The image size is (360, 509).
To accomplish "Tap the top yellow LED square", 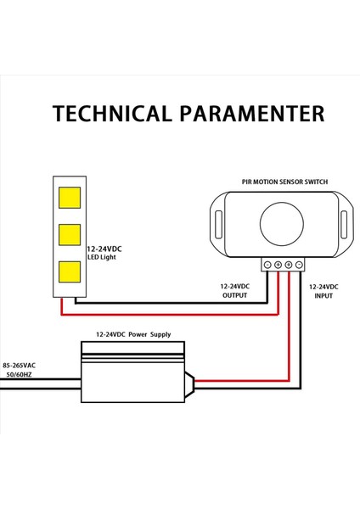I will coord(70,199).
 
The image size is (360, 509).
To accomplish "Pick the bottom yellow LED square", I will coord(70,271).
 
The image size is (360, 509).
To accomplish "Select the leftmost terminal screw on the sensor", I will coord(268,266).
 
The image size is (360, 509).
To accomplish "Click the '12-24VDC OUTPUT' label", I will coord(235,292).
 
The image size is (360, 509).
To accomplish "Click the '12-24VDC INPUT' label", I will coord(323,292).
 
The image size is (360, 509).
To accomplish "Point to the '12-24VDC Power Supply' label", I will coord(132,335).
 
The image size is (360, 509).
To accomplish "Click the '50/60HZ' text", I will coord(19,373).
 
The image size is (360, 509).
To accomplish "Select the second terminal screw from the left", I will coord(278,266).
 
